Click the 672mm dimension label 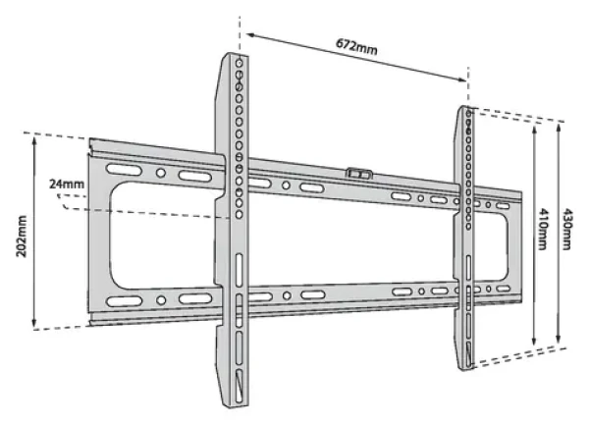coord(356,46)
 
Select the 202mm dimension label coord(22,237)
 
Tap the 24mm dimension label coord(67,184)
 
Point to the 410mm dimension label coord(543,229)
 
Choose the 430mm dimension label coord(567,229)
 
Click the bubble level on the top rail coord(359,174)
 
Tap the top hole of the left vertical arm coord(239,63)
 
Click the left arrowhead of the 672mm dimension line coord(250,35)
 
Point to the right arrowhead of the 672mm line coord(462,79)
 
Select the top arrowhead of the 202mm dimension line coord(34,142)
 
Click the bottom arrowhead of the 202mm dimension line coord(34,323)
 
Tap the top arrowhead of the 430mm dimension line coord(559,129)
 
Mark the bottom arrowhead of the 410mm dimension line coord(534,341)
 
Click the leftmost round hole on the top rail coord(161,173)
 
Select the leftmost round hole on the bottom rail coord(161,300)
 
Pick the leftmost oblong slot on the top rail coord(124,170)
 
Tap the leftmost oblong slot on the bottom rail coord(125,301)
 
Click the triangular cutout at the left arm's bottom coord(239,386)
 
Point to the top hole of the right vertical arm coord(468,114)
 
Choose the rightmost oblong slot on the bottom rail coord(503,289)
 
